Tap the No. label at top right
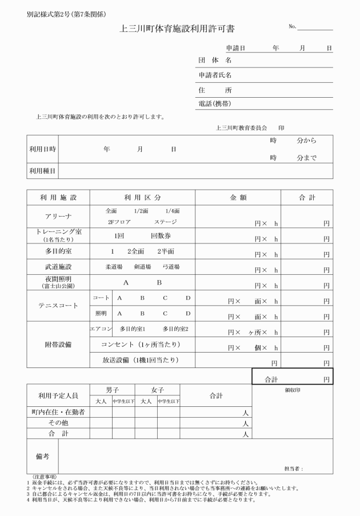[293, 27]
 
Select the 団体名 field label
[214, 61]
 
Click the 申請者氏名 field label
[218, 75]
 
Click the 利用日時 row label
[43, 149]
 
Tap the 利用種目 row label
[43, 171]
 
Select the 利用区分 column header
[142, 197]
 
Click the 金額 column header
[238, 197]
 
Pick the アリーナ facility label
[58, 217]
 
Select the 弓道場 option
[171, 266]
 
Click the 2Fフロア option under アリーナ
[119, 222]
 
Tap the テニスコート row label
[58, 306]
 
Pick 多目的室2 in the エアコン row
[175, 329]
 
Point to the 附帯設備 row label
[58, 345]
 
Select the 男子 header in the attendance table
[112, 390]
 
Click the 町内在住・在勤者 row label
[58, 412]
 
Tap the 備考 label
[42, 456]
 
